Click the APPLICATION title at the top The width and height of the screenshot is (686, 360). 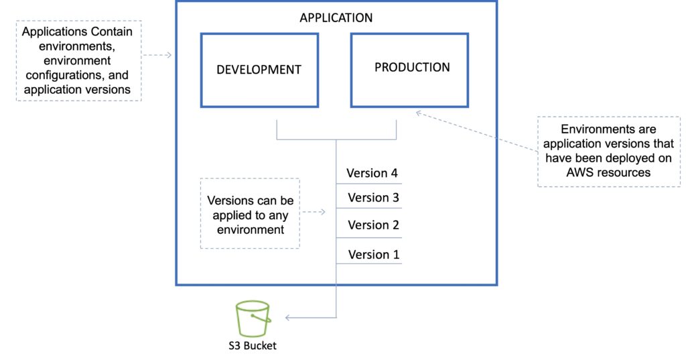click(336, 17)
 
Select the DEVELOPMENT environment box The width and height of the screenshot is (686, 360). click(259, 70)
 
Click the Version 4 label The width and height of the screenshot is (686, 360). click(372, 173)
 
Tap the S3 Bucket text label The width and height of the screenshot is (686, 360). click(252, 346)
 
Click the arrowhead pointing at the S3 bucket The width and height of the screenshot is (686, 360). click(288, 317)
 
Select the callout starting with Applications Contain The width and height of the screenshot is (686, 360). click(79, 60)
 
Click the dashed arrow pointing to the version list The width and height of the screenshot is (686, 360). click(313, 213)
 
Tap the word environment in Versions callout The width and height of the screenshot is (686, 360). click(250, 229)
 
